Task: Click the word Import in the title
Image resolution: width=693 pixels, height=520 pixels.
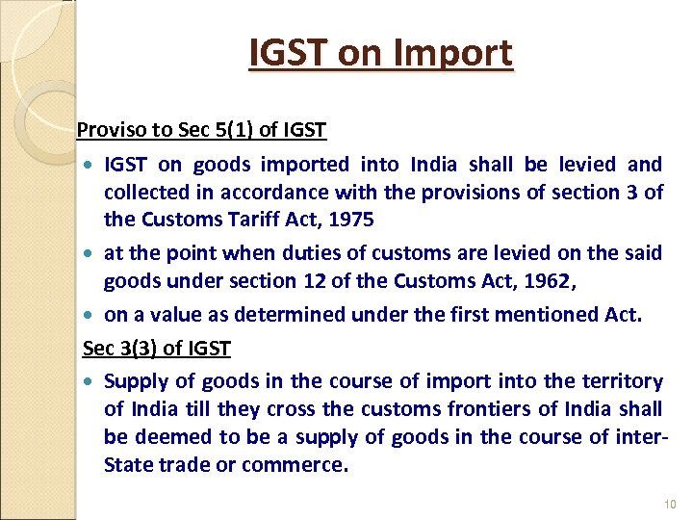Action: coord(459,53)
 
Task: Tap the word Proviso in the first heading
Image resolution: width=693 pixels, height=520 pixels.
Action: coord(106,129)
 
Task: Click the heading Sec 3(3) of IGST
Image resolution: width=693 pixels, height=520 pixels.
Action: coord(157,347)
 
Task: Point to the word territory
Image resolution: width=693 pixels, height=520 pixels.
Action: coord(614,381)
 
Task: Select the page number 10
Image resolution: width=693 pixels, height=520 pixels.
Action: coord(671,506)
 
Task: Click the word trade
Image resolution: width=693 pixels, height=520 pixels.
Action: coord(194,465)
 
